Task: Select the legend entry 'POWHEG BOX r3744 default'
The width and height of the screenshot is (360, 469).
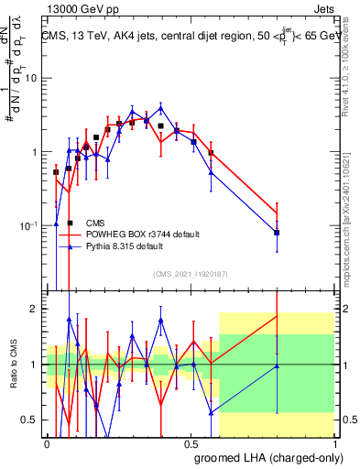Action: (142, 234)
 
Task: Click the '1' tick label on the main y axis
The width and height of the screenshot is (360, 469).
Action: (36, 152)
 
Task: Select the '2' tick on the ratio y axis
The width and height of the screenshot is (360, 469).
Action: (36, 309)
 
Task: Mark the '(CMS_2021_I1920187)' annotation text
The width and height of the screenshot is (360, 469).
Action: (191, 272)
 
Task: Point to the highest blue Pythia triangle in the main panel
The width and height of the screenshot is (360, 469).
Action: (161, 107)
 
